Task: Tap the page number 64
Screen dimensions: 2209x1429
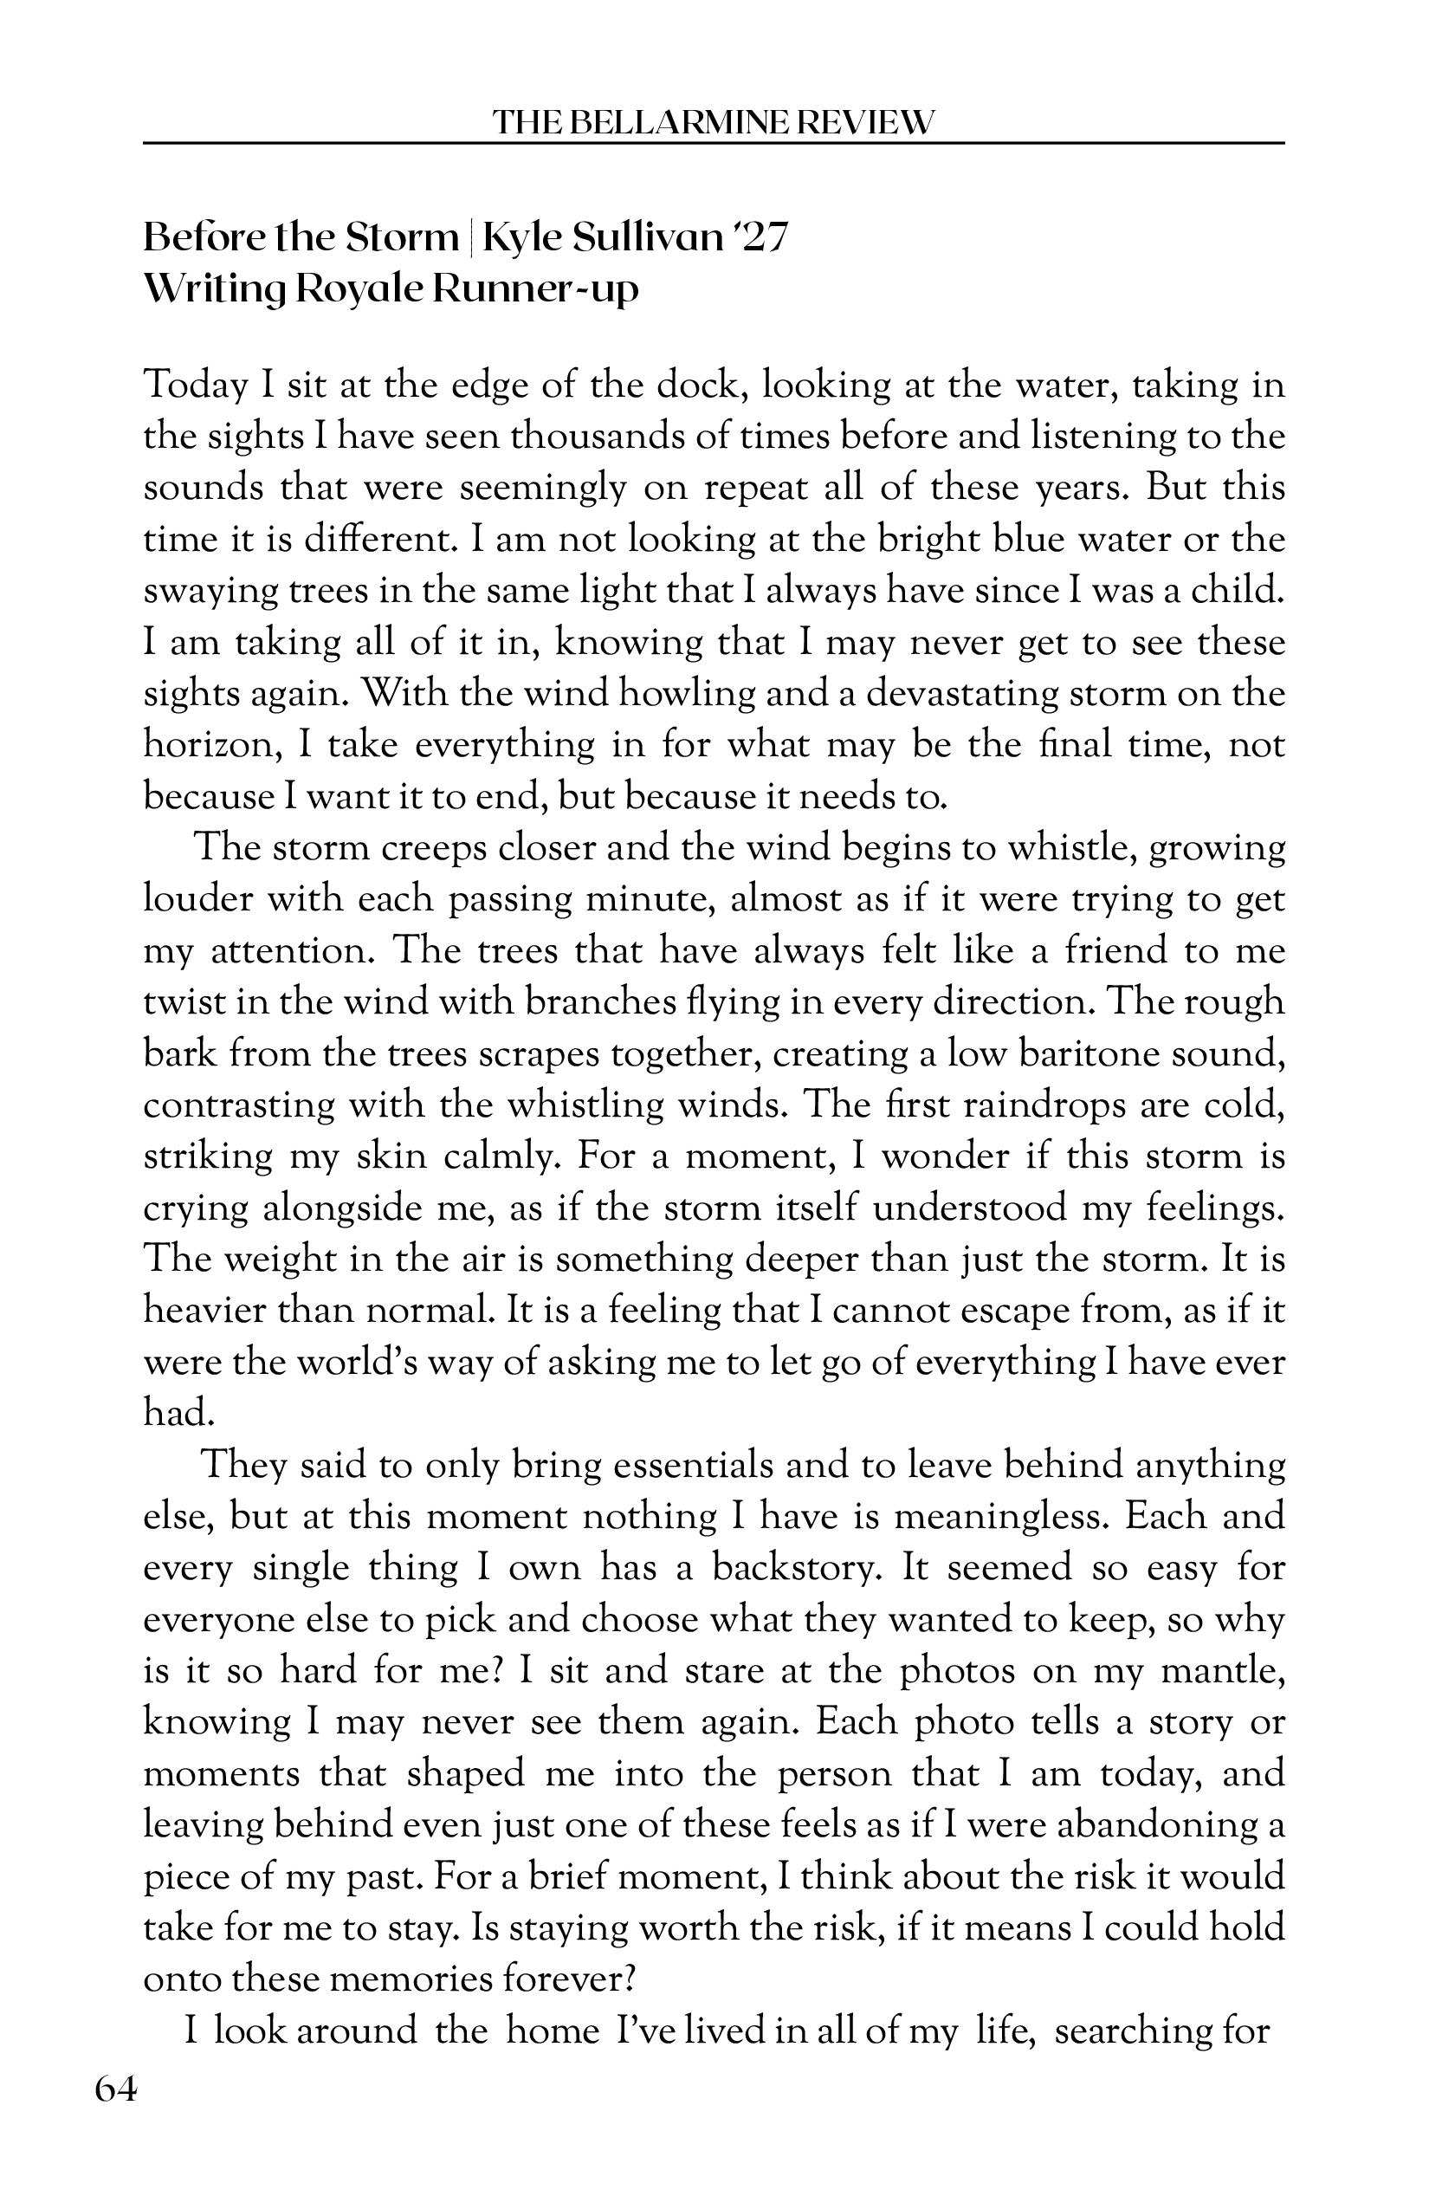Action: [116, 2091]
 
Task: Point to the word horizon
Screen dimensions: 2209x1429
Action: [210, 745]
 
